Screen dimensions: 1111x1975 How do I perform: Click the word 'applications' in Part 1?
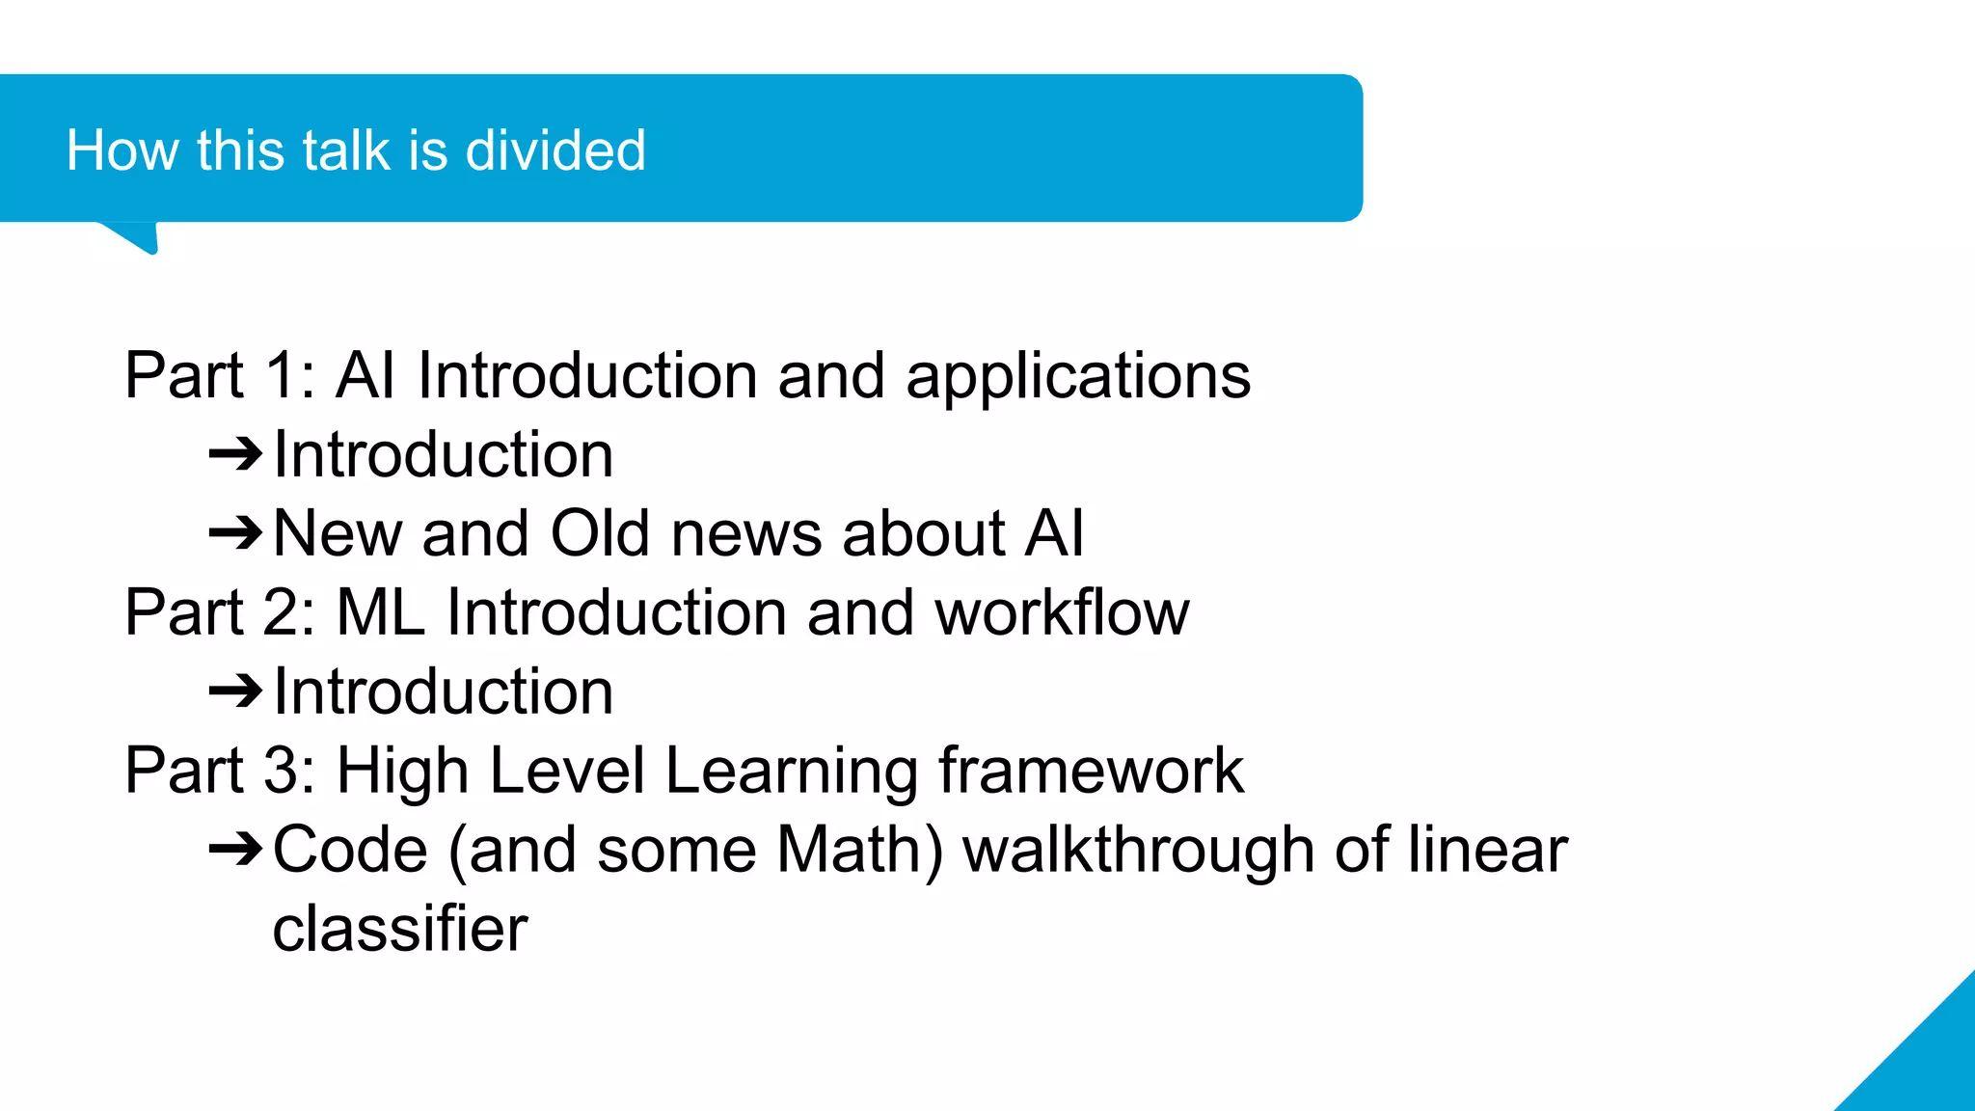point(1077,376)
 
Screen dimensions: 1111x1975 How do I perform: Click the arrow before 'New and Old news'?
point(235,532)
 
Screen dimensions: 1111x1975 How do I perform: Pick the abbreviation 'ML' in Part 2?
point(380,612)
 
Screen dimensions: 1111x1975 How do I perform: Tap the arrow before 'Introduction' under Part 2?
point(235,691)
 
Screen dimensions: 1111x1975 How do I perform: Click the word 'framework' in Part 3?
point(1091,771)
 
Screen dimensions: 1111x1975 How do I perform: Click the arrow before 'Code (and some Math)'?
point(235,849)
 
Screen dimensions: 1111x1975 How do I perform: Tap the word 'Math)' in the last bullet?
point(859,850)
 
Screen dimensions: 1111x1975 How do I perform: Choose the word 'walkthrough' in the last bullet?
point(1138,850)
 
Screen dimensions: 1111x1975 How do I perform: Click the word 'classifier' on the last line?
point(400,929)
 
